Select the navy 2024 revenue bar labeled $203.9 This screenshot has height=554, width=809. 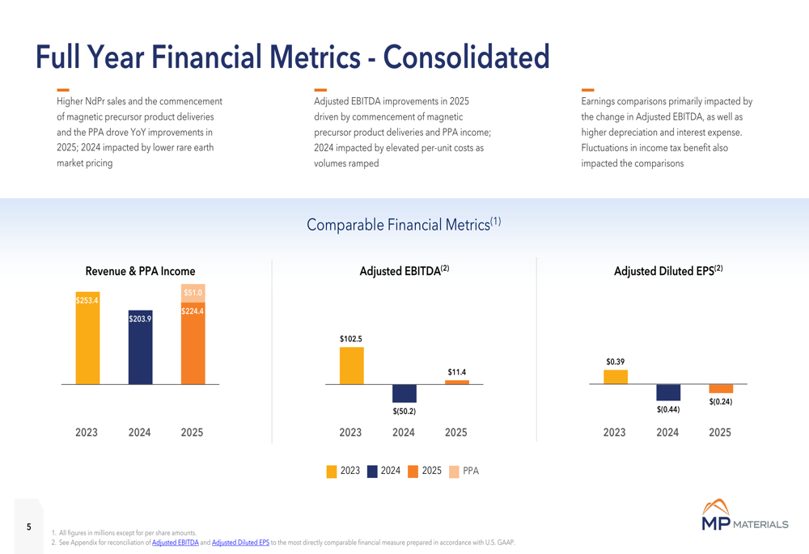140,347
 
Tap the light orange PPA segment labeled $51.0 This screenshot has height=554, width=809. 193,293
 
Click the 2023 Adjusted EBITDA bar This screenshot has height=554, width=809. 351,366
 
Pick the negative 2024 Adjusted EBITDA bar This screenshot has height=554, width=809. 404,393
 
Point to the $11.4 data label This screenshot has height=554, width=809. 456,372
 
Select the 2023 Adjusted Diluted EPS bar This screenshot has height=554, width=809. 615,377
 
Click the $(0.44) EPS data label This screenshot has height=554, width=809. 667,409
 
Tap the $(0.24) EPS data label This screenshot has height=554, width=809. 720,402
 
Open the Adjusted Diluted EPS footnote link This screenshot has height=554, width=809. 240,543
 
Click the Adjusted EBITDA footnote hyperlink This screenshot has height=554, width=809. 175,543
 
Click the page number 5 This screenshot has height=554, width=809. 29,527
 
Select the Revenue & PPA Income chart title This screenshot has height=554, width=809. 140,271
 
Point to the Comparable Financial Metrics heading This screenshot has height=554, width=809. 404,225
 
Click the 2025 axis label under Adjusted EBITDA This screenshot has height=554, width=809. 456,433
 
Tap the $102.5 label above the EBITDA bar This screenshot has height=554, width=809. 351,339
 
